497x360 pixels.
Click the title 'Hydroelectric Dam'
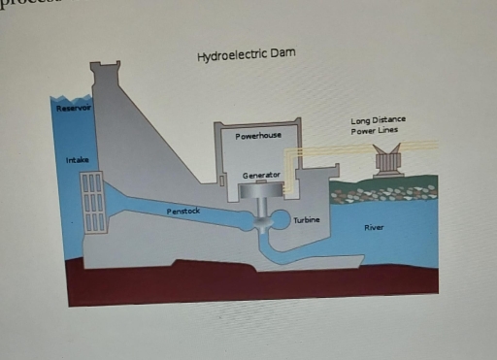pyautogui.click(x=246, y=53)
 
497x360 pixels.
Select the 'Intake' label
pyautogui.click(x=75, y=158)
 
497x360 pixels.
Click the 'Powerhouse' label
pyautogui.click(x=258, y=136)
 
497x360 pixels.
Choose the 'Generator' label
pyautogui.click(x=261, y=175)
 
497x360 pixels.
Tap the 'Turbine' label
pyautogui.click(x=307, y=220)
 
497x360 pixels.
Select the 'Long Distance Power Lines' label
pyautogui.click(x=379, y=125)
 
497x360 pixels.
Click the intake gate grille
pyautogui.click(x=93, y=203)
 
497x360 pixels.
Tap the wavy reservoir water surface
pyautogui.click(x=73, y=97)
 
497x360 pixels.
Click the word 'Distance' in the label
pyautogui.click(x=389, y=120)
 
